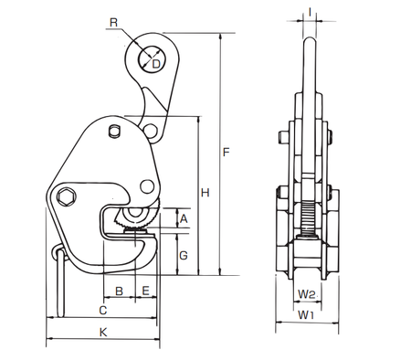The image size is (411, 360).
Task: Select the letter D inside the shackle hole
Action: [156, 63]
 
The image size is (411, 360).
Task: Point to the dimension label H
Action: [205, 193]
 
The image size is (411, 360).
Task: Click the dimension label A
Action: [183, 218]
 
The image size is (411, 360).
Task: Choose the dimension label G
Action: [183, 254]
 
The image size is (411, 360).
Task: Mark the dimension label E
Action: [146, 291]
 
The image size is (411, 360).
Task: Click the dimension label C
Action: [101, 312]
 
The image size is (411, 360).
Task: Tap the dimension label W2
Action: [308, 294]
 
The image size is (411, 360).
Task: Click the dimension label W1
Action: [308, 316]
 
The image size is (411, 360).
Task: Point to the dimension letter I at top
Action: [311, 12]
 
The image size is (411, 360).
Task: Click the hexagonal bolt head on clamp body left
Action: [66, 196]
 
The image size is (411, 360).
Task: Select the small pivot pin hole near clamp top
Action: [112, 132]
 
